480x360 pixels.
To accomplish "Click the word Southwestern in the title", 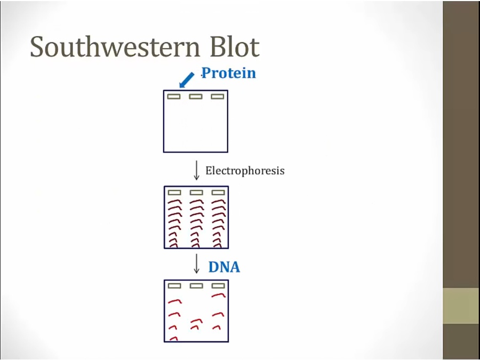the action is (x=115, y=46).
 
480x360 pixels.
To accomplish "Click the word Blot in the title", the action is (x=235, y=46).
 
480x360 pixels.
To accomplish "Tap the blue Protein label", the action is (x=229, y=73).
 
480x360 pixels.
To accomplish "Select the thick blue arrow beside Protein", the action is (x=187, y=80).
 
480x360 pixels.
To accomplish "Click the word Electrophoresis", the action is (x=245, y=171).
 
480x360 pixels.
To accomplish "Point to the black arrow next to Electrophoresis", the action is (x=196, y=170).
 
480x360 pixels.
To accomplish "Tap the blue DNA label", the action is (x=224, y=267).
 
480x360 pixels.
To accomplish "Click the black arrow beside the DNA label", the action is (x=196, y=263).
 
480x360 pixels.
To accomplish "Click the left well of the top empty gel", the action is (x=174, y=97).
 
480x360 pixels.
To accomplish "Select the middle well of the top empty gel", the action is (x=196, y=97).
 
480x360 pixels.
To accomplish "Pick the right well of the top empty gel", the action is (x=218, y=97).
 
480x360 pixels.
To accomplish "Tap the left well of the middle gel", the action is (x=174, y=193).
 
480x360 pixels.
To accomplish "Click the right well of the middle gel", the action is (x=218, y=193).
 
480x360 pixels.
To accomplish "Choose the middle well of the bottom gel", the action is (x=196, y=286).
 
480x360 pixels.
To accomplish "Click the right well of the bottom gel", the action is (x=218, y=286).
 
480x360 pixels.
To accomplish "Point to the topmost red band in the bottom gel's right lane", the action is (x=218, y=295).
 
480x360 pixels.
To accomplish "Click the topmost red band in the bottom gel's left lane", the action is (x=174, y=301).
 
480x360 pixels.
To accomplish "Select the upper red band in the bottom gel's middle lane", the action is (x=196, y=321).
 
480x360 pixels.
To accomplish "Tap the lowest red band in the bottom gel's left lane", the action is (x=173, y=338).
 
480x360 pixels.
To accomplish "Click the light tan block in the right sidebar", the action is (x=461, y=306).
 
